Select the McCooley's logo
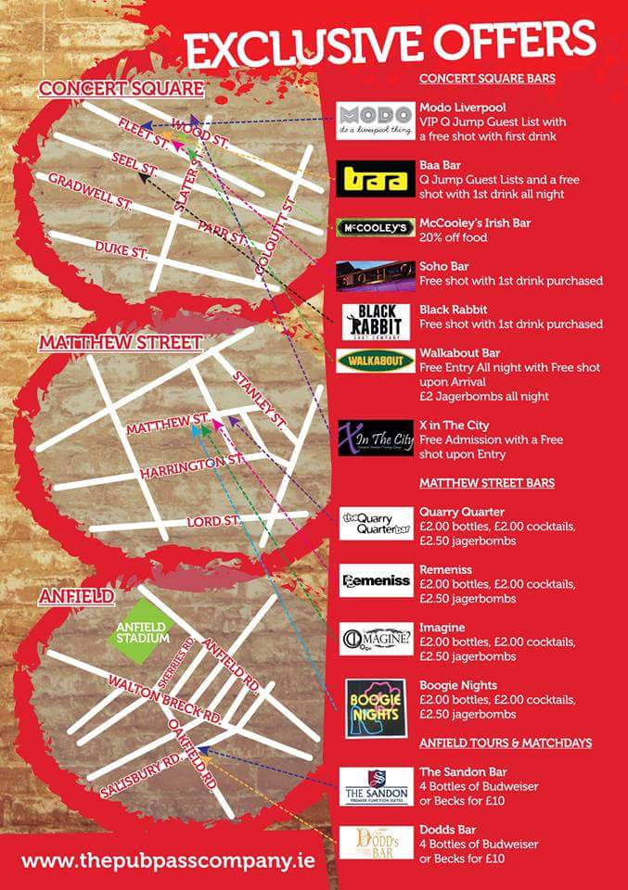point(375,227)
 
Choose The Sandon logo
point(375,786)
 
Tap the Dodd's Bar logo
point(375,843)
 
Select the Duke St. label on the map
point(122,250)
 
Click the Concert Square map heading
point(121,88)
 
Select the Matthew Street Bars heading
point(486,483)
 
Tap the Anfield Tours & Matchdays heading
point(505,743)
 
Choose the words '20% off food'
point(455,238)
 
